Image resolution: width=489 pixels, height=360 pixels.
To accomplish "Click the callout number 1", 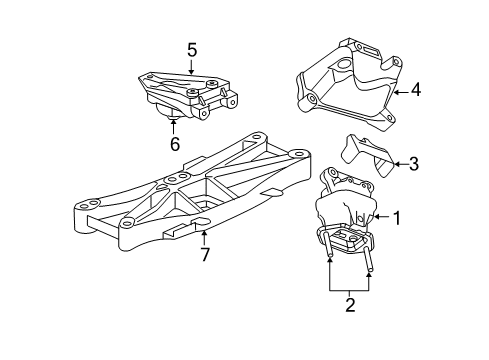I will point(396,216).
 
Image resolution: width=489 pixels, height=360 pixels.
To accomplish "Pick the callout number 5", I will point(192,47).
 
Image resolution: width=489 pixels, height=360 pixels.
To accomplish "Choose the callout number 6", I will point(174,144).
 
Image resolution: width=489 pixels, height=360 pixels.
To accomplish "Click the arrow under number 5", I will point(192,65).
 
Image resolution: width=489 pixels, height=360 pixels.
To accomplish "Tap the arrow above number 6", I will point(174,127).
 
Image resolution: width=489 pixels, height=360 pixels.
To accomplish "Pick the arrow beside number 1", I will point(379,216).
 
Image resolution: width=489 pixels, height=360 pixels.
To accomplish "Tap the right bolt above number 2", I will point(370,268).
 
